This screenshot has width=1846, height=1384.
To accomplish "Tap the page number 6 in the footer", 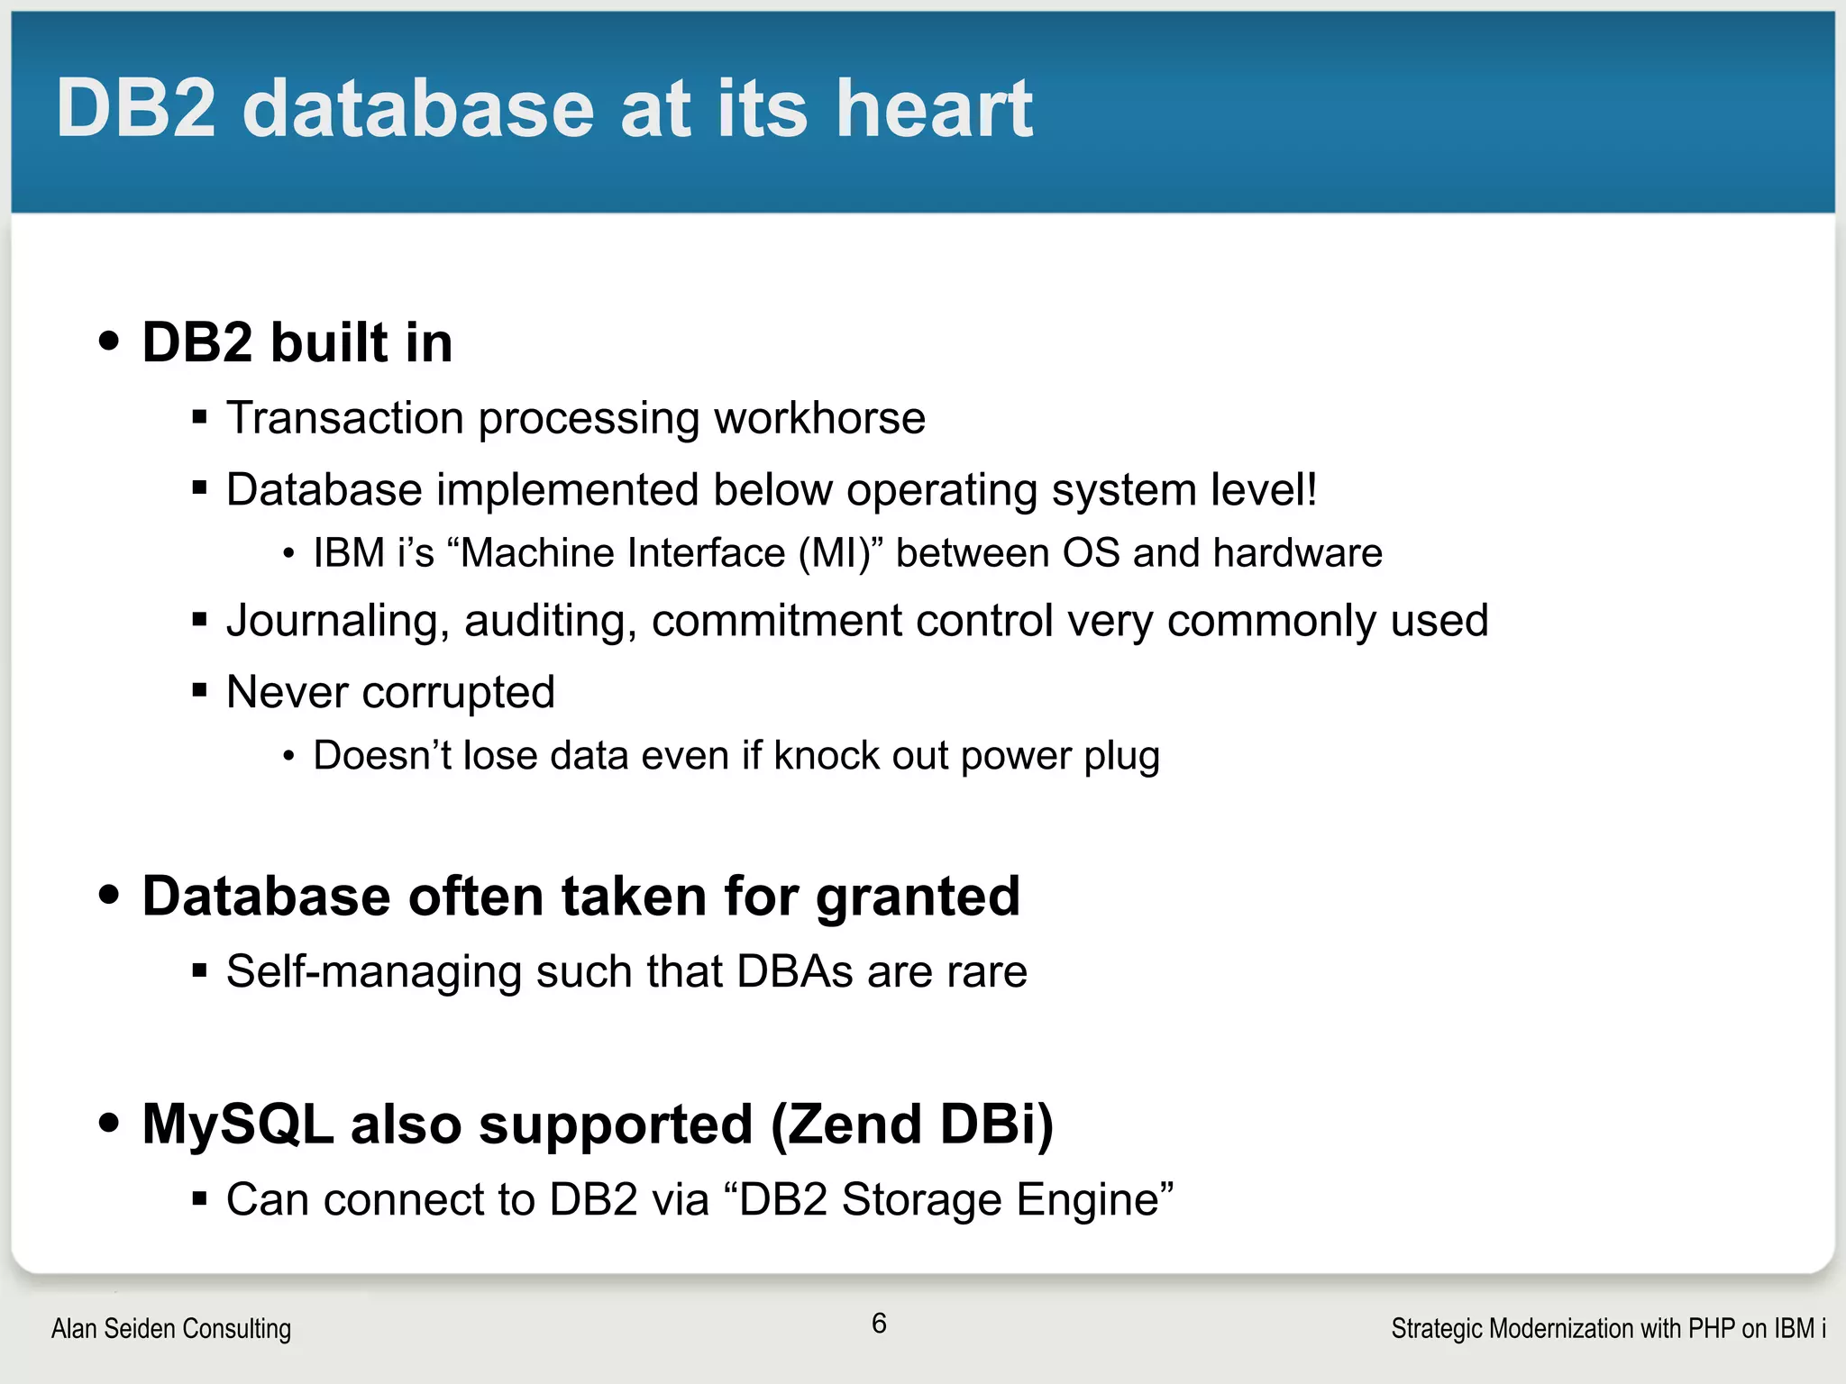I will tap(879, 1323).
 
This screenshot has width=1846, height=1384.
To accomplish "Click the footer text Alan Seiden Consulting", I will tap(171, 1328).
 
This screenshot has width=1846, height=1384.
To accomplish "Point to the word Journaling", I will tap(338, 622).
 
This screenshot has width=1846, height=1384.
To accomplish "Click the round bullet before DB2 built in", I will tap(109, 341).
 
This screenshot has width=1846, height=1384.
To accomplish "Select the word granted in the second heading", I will tap(918, 897).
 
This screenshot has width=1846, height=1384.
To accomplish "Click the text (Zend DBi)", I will tap(911, 1124).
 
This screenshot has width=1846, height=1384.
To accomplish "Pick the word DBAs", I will tap(794, 971).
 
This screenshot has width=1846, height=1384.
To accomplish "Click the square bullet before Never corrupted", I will tap(200, 691).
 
